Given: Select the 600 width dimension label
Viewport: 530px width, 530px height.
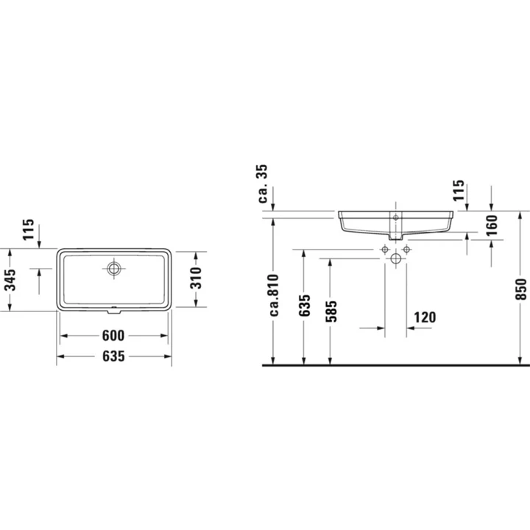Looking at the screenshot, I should pyautogui.click(x=113, y=336).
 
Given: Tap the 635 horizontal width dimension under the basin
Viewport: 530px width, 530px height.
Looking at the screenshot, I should pyautogui.click(x=113, y=356).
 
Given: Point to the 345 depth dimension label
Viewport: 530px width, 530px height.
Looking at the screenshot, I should pyautogui.click(x=10, y=279).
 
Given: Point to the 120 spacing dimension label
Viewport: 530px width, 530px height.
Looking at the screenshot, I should pyautogui.click(x=425, y=317).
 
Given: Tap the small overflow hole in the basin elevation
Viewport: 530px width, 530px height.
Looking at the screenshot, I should pyautogui.click(x=395, y=218).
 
